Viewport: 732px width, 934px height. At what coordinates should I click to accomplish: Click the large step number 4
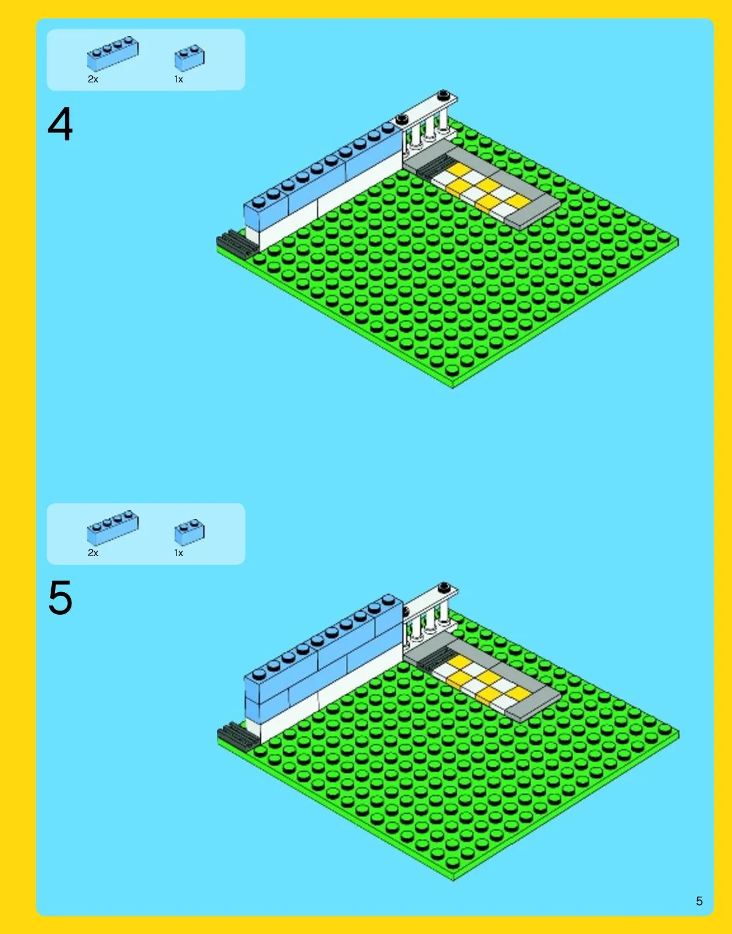pyautogui.click(x=60, y=124)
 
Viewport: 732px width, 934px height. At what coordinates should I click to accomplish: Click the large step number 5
pyautogui.click(x=60, y=598)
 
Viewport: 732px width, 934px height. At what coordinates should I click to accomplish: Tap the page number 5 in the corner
pyautogui.click(x=699, y=901)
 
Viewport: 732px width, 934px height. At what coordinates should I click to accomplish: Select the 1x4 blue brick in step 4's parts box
pyautogui.click(x=112, y=53)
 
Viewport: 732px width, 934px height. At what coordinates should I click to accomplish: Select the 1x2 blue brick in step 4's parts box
pyautogui.click(x=189, y=57)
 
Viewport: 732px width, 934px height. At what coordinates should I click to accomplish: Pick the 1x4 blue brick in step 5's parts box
pyautogui.click(x=112, y=528)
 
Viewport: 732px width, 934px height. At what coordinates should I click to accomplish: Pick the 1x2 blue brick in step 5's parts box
pyautogui.click(x=189, y=532)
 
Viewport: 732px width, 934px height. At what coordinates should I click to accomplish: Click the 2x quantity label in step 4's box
pyautogui.click(x=93, y=79)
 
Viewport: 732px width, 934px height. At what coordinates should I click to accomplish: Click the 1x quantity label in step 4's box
pyautogui.click(x=178, y=79)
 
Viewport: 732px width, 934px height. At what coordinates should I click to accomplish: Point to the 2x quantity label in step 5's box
pyautogui.click(x=93, y=552)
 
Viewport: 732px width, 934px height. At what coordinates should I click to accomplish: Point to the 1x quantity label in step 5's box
pyautogui.click(x=178, y=552)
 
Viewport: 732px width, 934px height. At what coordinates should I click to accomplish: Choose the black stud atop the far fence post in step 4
pyautogui.click(x=444, y=95)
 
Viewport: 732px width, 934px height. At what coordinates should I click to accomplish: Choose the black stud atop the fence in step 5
pyautogui.click(x=444, y=587)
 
